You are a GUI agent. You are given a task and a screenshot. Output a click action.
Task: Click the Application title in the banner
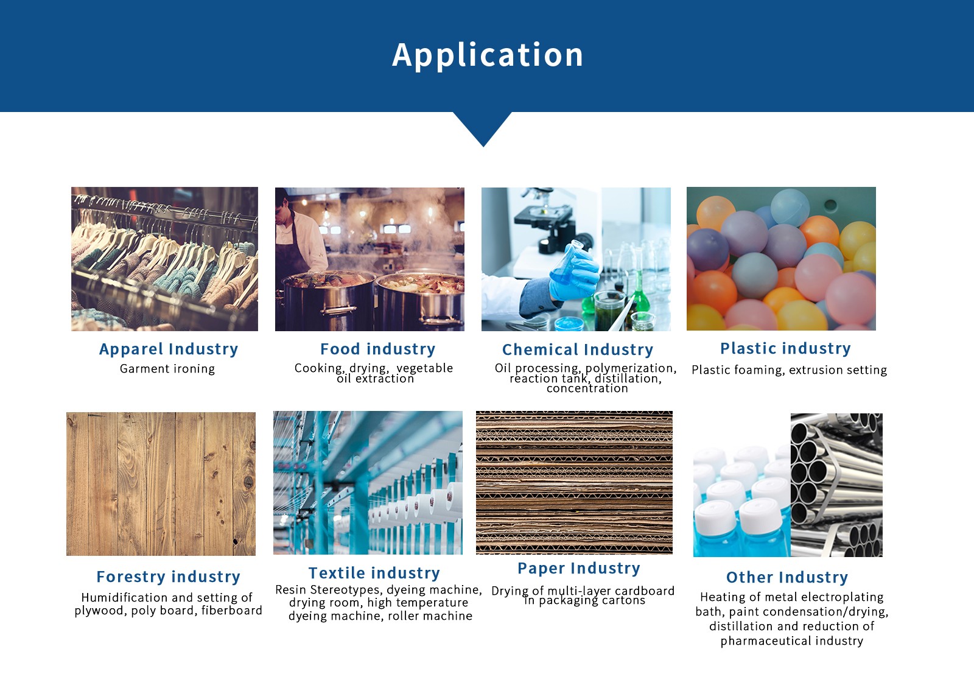point(488,55)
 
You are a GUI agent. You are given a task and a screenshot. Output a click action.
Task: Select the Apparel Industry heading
point(169,349)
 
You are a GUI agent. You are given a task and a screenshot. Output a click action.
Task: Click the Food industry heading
point(378,349)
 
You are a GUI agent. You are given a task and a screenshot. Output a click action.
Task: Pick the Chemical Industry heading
point(578,349)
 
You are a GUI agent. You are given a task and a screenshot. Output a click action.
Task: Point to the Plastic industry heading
point(786,348)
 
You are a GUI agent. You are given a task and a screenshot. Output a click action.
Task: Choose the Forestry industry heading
point(168,577)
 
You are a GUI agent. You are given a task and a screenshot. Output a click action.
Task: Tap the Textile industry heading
point(374,573)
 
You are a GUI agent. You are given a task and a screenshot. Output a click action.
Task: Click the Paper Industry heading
point(579,568)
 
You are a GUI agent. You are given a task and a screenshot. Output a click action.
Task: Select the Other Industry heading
point(787,577)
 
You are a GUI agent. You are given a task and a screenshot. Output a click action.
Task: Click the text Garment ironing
point(167,369)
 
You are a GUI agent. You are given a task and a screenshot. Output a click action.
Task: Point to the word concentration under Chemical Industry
point(587,388)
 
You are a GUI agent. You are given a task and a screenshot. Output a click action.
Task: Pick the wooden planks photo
point(161,484)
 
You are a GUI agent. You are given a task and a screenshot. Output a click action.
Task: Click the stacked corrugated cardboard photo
point(574,483)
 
